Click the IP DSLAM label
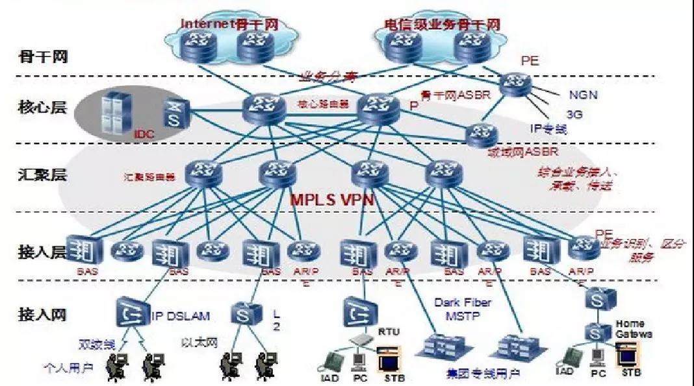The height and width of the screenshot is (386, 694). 181,317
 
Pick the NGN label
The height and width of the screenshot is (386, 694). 584,95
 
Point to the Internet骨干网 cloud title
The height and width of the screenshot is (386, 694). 229,24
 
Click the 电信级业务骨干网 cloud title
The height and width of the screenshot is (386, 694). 442,25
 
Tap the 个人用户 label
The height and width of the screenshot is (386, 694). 69,368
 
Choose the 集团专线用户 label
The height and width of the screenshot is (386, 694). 483,374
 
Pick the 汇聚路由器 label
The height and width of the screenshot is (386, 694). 149,176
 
